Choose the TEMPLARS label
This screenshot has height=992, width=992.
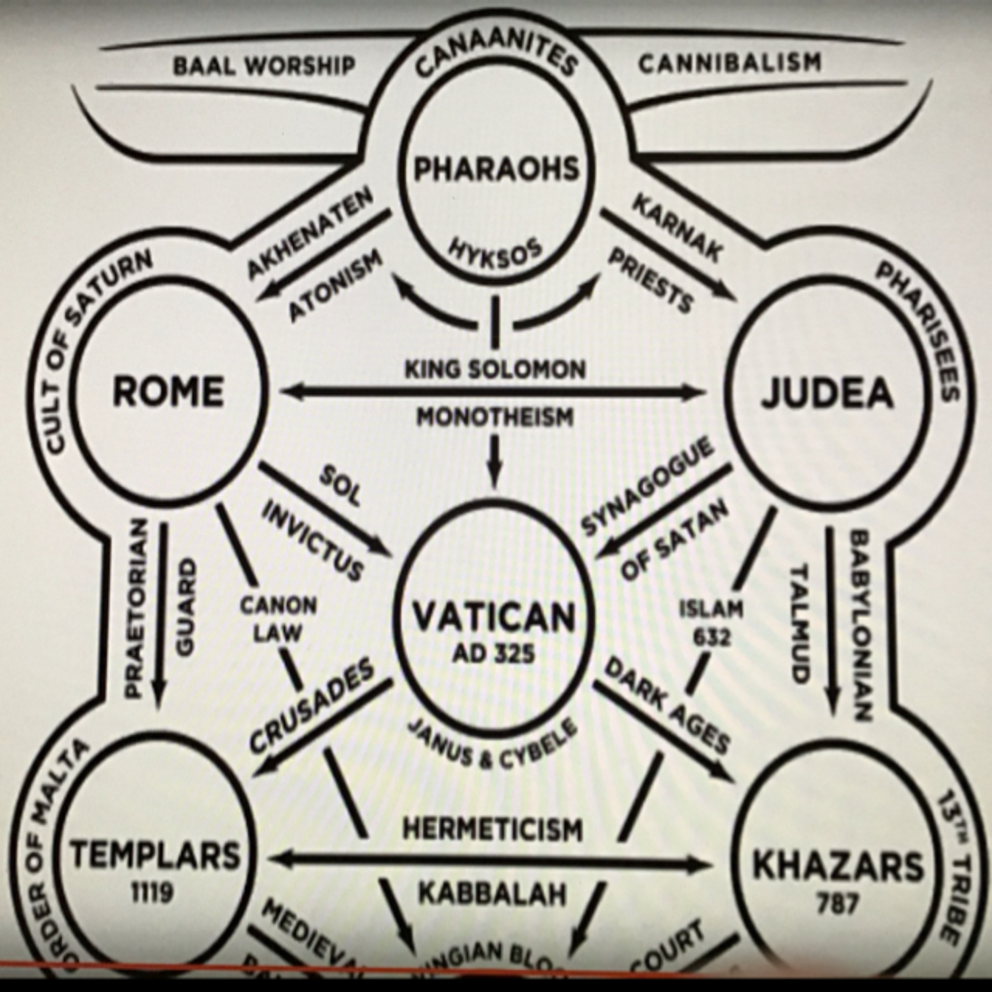click(x=155, y=855)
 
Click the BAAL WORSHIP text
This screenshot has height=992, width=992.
click(x=264, y=66)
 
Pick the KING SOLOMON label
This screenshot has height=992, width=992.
click(x=495, y=369)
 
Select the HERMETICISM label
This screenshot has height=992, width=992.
click(x=493, y=830)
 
